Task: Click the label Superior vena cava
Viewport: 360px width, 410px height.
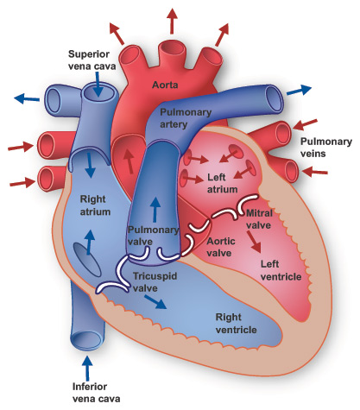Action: point(96,60)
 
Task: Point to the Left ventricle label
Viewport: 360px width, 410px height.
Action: point(281,270)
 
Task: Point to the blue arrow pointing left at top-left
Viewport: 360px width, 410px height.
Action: point(27,98)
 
